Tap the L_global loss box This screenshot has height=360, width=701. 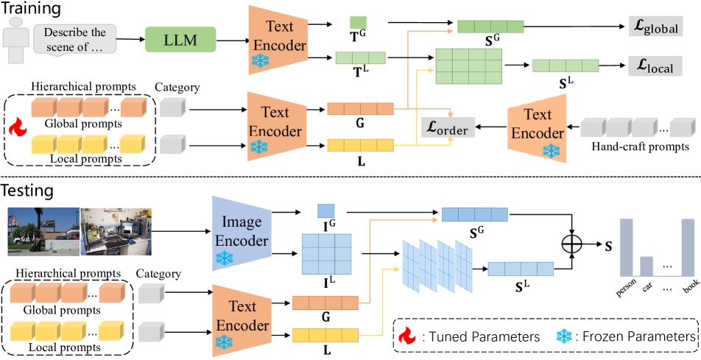pyautogui.click(x=653, y=27)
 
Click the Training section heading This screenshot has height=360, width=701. pyautogui.click(x=31, y=10)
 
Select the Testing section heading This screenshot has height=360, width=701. pyautogui.click(x=28, y=191)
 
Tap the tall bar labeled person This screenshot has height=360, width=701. pyautogui.click(x=627, y=246)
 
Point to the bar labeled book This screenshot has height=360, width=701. pyautogui.click(x=688, y=246)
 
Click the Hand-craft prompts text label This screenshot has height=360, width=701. pyautogui.click(x=640, y=147)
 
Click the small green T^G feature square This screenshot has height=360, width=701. pyautogui.click(x=359, y=23)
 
